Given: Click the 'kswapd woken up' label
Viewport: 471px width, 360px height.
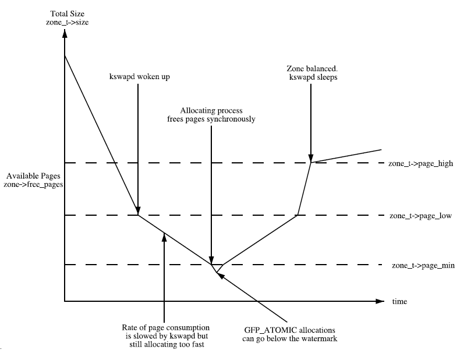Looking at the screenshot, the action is click(139, 77).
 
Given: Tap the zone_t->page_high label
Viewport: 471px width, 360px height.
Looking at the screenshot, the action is click(420, 163).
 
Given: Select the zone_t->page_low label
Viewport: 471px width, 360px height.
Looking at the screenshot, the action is click(420, 216).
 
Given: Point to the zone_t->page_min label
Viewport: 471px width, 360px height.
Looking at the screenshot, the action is click(423, 266).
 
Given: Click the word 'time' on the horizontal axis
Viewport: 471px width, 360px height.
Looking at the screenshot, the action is click(399, 301).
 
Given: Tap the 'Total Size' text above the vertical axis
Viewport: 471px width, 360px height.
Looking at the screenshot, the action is click(68, 14).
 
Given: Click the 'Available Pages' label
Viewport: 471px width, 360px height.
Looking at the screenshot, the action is click(33, 176).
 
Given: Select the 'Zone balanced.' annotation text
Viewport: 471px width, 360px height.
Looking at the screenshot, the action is click(312, 69).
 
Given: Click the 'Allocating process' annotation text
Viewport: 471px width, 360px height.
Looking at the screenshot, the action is click(211, 111).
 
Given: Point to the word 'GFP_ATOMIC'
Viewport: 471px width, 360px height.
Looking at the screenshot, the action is click(265, 330).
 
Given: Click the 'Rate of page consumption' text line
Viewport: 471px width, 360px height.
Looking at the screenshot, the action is click(165, 327).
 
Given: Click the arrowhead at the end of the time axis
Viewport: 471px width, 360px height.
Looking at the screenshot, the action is click(380, 301).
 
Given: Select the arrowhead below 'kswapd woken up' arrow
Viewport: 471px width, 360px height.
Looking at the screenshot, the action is click(138, 211).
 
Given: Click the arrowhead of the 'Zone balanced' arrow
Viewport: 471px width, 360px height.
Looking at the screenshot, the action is click(311, 158).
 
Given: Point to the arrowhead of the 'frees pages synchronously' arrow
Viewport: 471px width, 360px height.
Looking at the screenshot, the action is click(211, 260).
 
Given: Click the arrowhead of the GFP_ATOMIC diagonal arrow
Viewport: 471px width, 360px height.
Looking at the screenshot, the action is click(220, 275).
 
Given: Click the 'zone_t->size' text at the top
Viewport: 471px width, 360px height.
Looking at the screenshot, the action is click(68, 22).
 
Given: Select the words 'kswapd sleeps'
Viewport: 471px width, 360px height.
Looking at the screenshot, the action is click(313, 77).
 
